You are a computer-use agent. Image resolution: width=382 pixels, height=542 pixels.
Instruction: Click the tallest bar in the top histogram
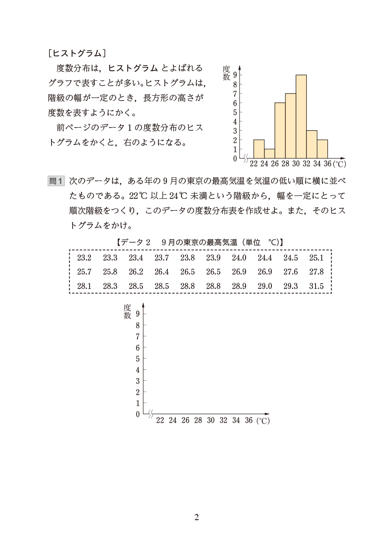(x=301, y=117)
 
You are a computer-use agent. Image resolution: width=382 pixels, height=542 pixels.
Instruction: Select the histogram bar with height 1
(x=269, y=153)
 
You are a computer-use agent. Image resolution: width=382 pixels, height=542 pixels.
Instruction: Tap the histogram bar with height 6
(x=280, y=131)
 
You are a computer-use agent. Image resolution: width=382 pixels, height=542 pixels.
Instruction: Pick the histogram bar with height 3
(x=312, y=144)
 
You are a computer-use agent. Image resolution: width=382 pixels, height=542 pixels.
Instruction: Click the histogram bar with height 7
(x=290, y=126)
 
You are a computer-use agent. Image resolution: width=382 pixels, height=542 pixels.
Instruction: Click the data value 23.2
(x=84, y=258)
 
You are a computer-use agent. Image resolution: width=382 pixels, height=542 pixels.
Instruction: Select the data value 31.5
(x=316, y=286)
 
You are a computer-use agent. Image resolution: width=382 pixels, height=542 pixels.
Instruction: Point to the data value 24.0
(x=239, y=258)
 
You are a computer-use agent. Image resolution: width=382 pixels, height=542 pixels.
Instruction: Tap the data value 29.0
(x=264, y=286)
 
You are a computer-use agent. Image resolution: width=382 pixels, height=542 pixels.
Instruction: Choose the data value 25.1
(x=316, y=258)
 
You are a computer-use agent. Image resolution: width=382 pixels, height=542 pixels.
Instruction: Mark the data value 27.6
(x=290, y=272)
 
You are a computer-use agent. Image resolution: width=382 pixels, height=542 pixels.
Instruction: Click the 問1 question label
(x=56, y=181)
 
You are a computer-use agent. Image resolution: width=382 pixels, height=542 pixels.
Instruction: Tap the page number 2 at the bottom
(x=196, y=518)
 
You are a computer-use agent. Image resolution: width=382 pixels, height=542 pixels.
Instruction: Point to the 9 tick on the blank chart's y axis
(x=138, y=313)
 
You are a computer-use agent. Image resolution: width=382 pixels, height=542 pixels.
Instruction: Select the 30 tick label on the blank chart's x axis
(x=211, y=420)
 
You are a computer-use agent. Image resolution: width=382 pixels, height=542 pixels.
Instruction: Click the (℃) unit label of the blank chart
(x=263, y=421)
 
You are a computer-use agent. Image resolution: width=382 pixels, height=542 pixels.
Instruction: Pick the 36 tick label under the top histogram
(x=327, y=164)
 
